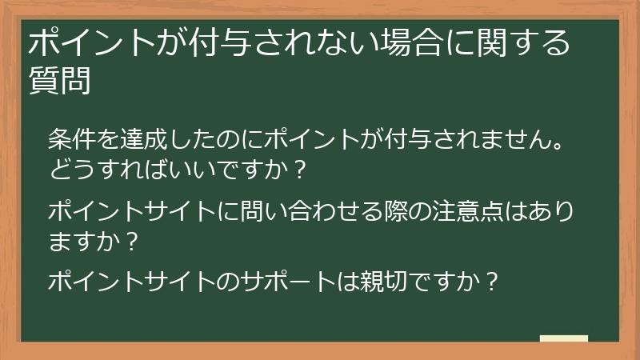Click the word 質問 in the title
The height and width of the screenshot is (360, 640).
coord(58,80)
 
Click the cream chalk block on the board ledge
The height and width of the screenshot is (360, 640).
coord(564,338)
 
